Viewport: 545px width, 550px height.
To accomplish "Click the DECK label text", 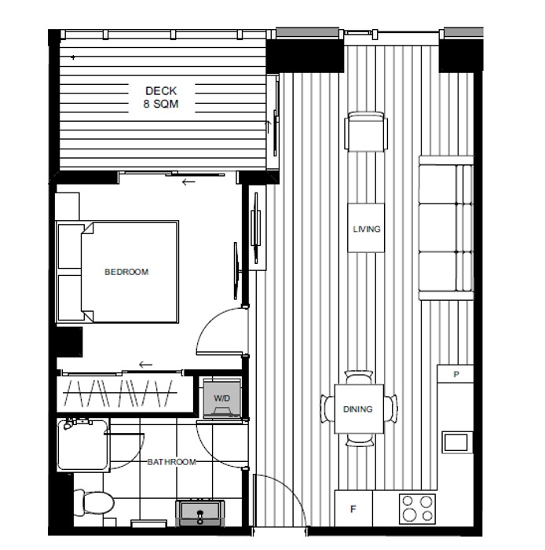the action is [161, 91].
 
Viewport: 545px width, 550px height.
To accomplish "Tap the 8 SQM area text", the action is [161, 104].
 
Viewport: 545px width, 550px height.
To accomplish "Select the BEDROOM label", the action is [126, 272].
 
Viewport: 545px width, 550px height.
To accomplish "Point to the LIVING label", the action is [367, 229].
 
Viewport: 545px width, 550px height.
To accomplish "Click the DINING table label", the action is [358, 409].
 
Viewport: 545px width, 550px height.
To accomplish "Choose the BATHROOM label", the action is [172, 462].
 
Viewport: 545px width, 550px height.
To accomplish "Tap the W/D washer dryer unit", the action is [222, 398].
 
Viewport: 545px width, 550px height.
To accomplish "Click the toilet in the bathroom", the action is [94, 503].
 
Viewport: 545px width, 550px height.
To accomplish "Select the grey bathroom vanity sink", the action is [200, 513].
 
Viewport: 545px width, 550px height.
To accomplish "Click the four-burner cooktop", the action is [417, 508].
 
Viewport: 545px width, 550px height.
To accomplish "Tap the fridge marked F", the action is [353, 508].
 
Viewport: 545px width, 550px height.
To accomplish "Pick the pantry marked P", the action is [455, 374].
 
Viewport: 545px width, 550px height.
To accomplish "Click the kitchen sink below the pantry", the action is [456, 442].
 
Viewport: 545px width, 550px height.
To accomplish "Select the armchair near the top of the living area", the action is [366, 131].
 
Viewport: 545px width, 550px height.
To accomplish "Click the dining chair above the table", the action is [359, 378].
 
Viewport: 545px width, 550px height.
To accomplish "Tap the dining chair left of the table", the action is [327, 409].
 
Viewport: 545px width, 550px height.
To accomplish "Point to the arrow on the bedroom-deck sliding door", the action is [188, 182].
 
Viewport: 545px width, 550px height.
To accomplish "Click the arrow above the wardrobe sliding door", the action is [146, 365].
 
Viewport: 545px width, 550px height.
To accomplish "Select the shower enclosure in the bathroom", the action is [83, 445].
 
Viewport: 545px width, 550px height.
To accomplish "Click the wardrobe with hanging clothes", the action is [125, 394].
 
